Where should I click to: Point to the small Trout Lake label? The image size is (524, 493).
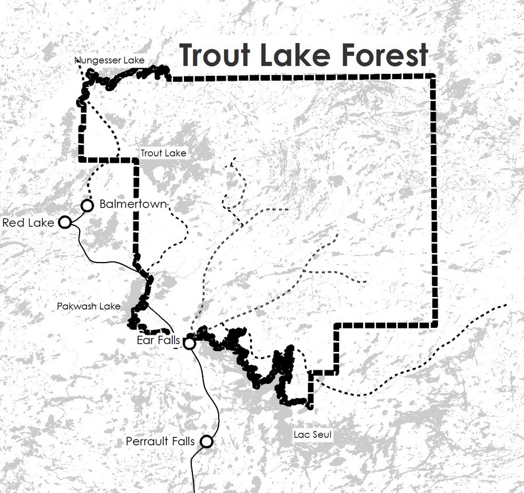[163, 153]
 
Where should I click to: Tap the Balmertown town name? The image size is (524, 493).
[133, 204]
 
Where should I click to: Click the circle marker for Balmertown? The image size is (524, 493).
[87, 205]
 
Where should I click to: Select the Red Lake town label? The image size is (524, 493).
[28, 222]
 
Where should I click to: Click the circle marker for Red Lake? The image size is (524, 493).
[65, 222]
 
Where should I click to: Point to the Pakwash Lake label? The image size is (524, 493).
[89, 306]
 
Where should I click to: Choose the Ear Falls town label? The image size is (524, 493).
[159, 341]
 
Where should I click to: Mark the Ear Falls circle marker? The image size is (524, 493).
[190, 343]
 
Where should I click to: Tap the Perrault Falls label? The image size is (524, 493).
[160, 441]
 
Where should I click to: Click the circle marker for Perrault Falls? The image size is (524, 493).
[207, 441]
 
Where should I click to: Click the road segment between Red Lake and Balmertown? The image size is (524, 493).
[76, 214]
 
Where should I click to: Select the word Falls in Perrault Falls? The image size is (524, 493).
[182, 441]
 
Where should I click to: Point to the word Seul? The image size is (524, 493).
[320, 435]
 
